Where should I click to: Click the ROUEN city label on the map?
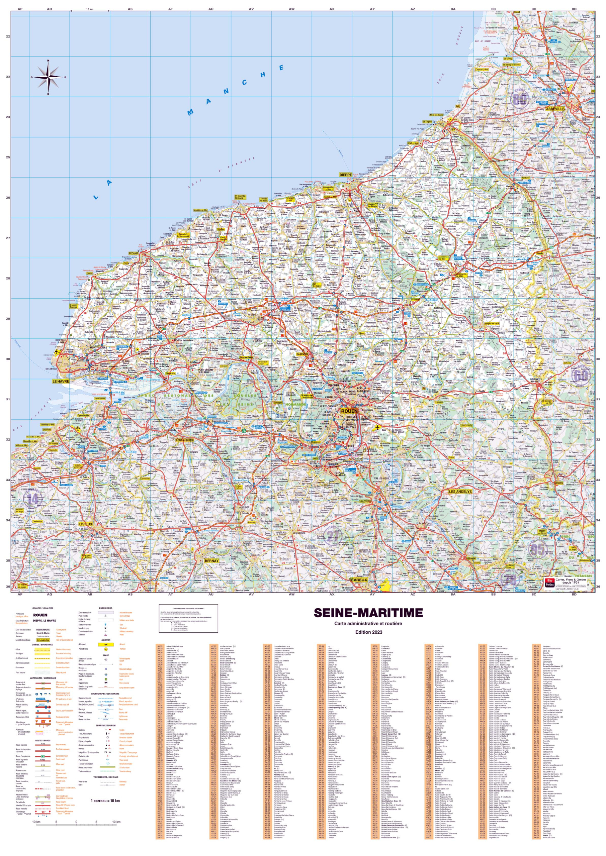click(349, 411)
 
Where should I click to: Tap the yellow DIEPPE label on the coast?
click(345, 175)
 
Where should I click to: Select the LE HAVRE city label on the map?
click(61, 382)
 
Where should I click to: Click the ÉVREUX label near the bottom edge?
click(359, 580)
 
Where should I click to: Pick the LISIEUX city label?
click(85, 524)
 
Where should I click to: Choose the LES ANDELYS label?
click(460, 492)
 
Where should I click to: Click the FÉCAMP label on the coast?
click(133, 253)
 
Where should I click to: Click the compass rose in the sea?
click(48, 77)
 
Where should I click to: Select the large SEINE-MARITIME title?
click(368, 613)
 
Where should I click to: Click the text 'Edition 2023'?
click(368, 632)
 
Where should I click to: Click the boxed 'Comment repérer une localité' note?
click(188, 618)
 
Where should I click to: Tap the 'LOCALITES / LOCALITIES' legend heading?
click(42, 608)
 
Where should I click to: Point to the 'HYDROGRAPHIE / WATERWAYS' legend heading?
click(106, 694)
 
